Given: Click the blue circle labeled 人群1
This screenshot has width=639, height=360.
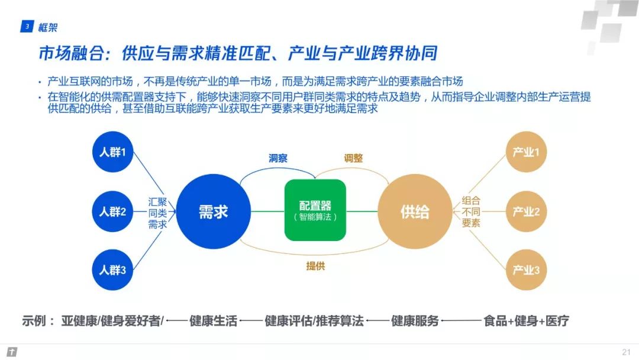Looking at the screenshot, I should [112, 152].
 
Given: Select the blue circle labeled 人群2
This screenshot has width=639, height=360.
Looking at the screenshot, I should [112, 211].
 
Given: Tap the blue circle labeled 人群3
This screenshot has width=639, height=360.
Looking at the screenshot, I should [112, 270].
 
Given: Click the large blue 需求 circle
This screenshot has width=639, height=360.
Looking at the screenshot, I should [213, 211].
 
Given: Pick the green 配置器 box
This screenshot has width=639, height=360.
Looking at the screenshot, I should [315, 211].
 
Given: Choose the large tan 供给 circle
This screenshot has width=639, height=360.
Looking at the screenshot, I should [414, 211].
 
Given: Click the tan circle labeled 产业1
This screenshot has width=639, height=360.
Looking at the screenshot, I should [525, 152].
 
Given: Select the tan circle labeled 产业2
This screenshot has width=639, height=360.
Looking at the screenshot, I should [525, 211].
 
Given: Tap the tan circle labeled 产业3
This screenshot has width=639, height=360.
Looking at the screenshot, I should [525, 270].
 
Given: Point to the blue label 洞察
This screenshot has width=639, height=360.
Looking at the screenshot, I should [279, 158].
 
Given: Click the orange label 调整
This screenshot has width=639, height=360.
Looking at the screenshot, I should [353, 158].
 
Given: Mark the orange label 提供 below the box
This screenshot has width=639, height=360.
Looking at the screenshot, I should [315, 266].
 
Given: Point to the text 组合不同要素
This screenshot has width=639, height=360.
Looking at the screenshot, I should [471, 211].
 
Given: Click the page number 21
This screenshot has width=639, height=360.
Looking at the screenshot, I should [626, 352].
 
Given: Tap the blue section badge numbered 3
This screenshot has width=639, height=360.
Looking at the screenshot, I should [27, 27].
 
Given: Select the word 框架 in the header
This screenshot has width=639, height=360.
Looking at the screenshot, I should [47, 27].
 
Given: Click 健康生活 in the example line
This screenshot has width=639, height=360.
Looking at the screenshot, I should [213, 321].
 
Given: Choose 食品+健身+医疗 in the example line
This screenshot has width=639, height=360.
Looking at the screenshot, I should [526, 321].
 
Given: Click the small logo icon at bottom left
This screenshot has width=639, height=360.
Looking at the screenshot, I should [12, 352].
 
